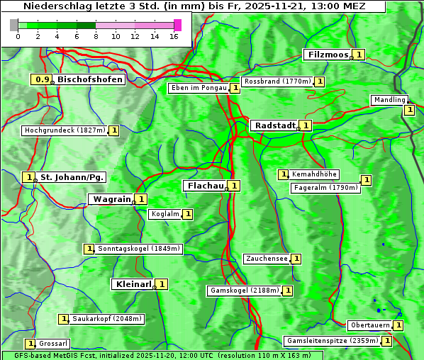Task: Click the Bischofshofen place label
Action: [x=90, y=79]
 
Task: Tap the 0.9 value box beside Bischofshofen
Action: [x=43, y=79]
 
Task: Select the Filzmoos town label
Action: [x=328, y=55]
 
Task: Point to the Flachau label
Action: [x=204, y=186]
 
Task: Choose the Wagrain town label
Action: [x=112, y=200]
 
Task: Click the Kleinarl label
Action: [x=133, y=284]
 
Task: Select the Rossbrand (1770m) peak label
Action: [x=277, y=81]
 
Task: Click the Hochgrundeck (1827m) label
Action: [x=65, y=130]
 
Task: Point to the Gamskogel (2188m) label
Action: [x=244, y=291]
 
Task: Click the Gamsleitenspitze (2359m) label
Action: [x=331, y=341]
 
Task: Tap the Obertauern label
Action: [x=369, y=325]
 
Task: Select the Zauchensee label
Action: [x=267, y=259]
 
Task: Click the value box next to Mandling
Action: [x=409, y=110]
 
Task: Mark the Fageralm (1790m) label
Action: [x=325, y=188]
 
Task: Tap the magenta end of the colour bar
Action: [x=177, y=25]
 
